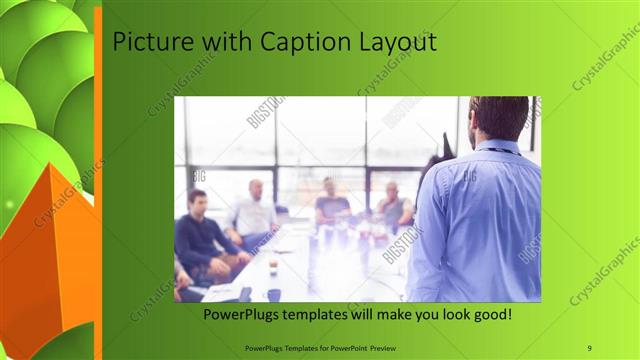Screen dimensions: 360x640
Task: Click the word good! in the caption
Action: click(489, 315)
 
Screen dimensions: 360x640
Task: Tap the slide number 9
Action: click(590, 347)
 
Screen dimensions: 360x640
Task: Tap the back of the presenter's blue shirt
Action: click(480, 220)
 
